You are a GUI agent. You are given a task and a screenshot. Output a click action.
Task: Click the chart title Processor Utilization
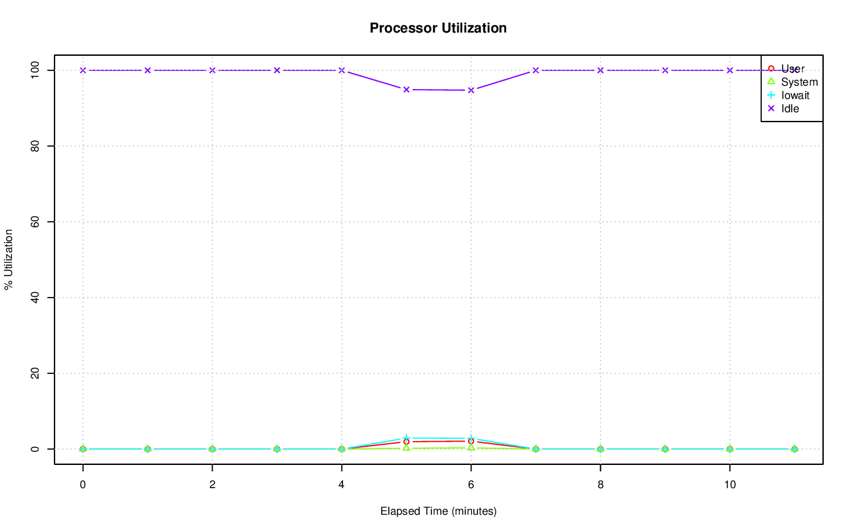(438, 28)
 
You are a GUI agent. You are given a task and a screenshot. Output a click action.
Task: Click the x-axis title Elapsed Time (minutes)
(438, 511)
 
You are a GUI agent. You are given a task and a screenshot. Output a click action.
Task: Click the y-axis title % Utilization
(9, 259)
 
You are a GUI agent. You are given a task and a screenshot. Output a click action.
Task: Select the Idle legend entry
(790, 108)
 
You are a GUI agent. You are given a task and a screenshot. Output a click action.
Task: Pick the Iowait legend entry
(795, 95)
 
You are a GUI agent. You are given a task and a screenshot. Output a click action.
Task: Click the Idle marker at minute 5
(406, 89)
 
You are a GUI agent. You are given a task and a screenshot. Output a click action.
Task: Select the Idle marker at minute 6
(471, 90)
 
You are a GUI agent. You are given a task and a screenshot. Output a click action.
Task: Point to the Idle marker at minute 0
(82, 70)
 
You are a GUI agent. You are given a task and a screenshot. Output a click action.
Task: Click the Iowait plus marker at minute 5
(406, 438)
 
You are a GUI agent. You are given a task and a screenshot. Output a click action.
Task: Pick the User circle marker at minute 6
(471, 441)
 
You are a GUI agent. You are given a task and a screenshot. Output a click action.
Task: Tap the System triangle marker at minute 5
(406, 448)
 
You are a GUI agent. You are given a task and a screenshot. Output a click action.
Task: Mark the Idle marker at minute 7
(536, 70)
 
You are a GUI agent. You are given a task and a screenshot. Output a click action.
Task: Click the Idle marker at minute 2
(212, 70)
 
